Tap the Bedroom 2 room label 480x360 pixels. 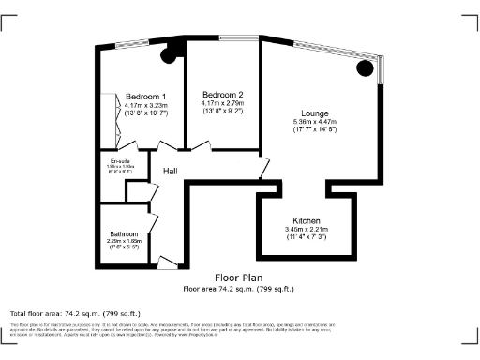[x=222, y=95]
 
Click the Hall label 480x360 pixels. [x=171, y=172]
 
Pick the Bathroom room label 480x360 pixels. [x=124, y=233]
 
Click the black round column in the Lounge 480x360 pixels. [x=365, y=69]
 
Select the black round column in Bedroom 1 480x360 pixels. [x=170, y=55]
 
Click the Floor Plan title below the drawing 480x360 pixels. [x=238, y=278]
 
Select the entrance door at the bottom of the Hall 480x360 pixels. [x=168, y=262]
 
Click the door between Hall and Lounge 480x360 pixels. [x=266, y=170]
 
